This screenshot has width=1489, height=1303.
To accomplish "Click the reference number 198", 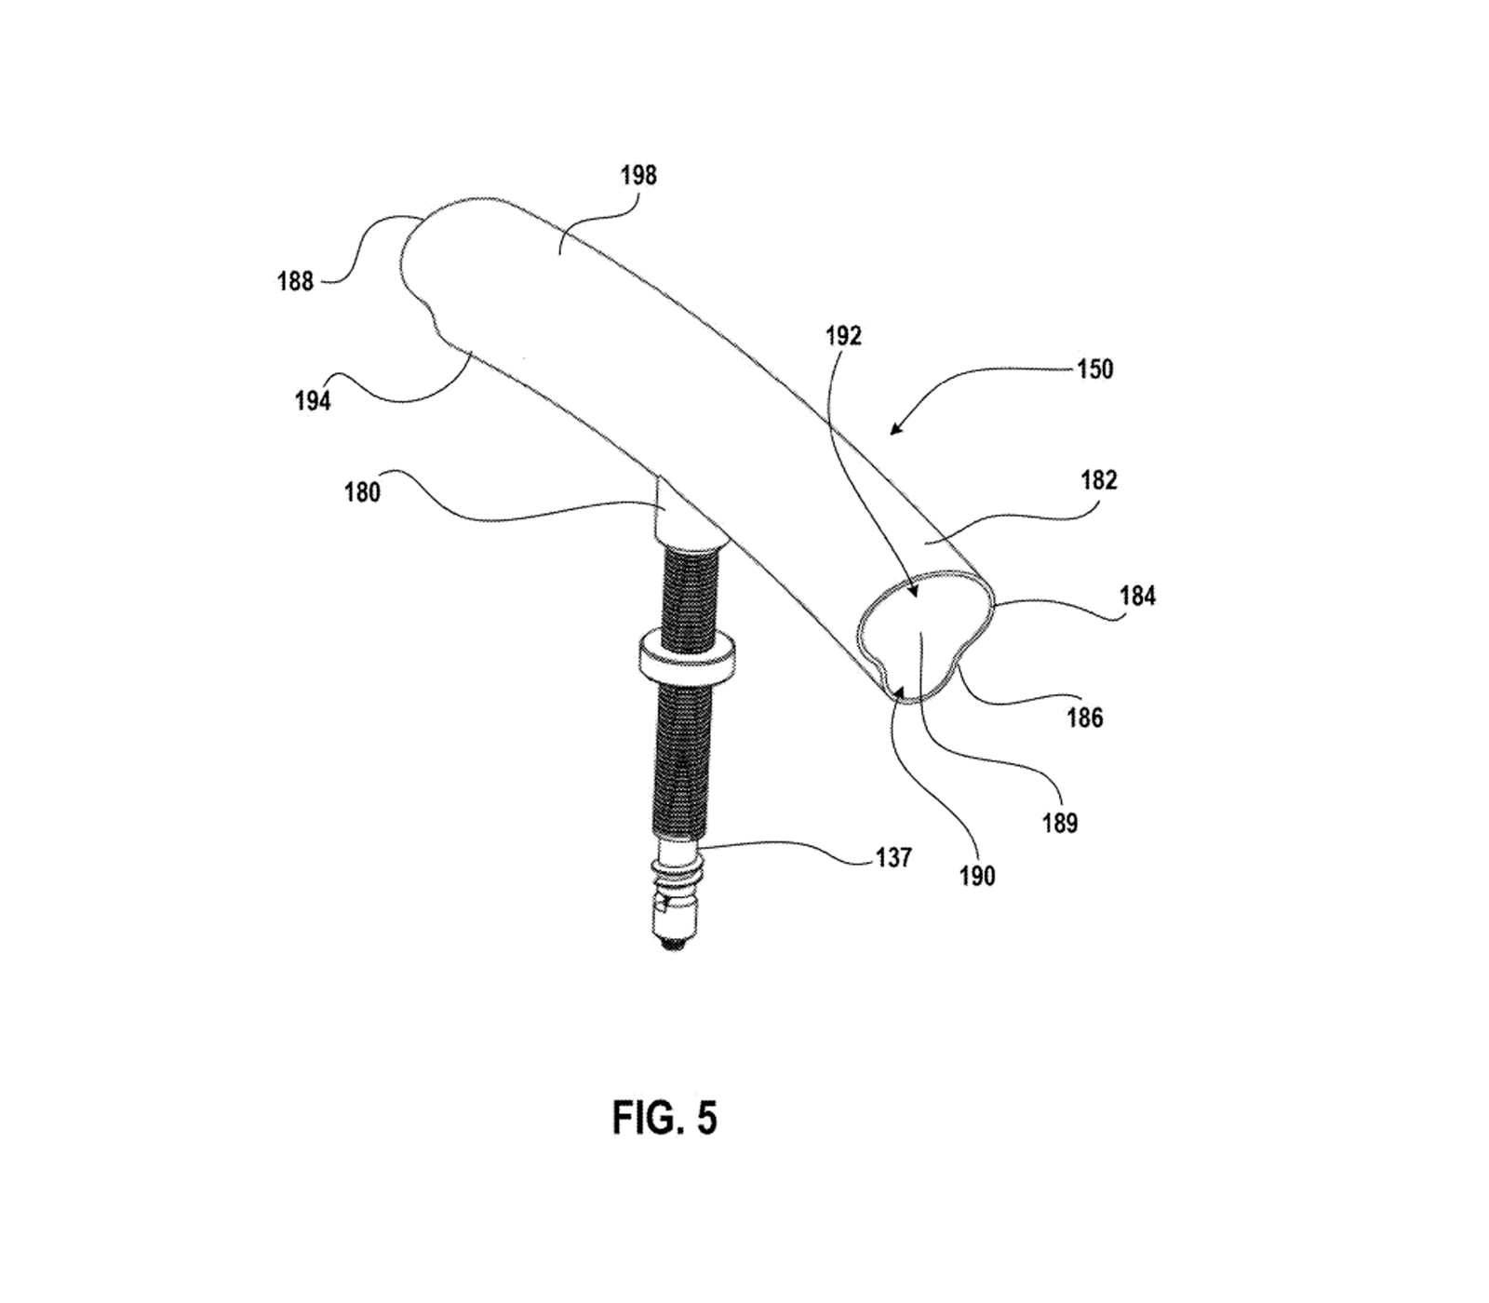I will point(638,175).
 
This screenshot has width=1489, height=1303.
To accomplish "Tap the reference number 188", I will point(295,280).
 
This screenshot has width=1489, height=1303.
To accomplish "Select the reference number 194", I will point(313,401).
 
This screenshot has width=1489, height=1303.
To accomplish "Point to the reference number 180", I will point(362,491).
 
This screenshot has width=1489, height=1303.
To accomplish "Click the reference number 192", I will point(843,336).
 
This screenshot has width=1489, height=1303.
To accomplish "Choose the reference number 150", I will point(1095,369).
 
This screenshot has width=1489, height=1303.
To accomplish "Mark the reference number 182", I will point(1099,480).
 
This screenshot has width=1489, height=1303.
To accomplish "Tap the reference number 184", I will point(1137,596).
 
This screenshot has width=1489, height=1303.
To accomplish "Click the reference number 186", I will point(1085,718).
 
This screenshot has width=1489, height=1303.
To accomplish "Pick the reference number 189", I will point(1060,823).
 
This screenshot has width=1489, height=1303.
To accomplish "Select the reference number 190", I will point(977,876).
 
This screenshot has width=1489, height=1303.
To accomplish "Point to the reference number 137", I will point(893,857).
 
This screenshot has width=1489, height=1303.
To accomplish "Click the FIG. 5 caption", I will point(664,1117).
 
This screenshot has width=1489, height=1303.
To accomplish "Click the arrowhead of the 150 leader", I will point(894,431).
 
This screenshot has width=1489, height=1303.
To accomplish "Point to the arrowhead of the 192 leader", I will point(913,592).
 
